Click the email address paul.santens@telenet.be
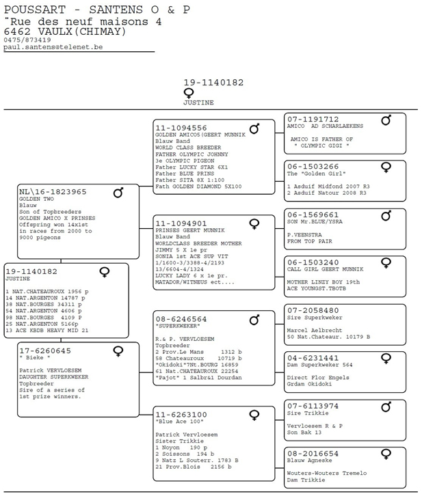tap(53, 47)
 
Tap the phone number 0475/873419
tap(27, 40)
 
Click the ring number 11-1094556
tap(181, 128)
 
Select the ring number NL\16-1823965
tap(53, 192)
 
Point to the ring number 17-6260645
tap(45, 350)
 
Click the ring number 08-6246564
tap(181, 319)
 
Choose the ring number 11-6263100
tap(181, 414)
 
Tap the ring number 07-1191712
tap(313, 119)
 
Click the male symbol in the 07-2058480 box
tap(386, 311)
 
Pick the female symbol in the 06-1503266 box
tap(386, 167)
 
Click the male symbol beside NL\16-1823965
tap(118, 193)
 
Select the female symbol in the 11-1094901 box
tap(254, 223)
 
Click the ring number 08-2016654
tap(313, 454)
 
